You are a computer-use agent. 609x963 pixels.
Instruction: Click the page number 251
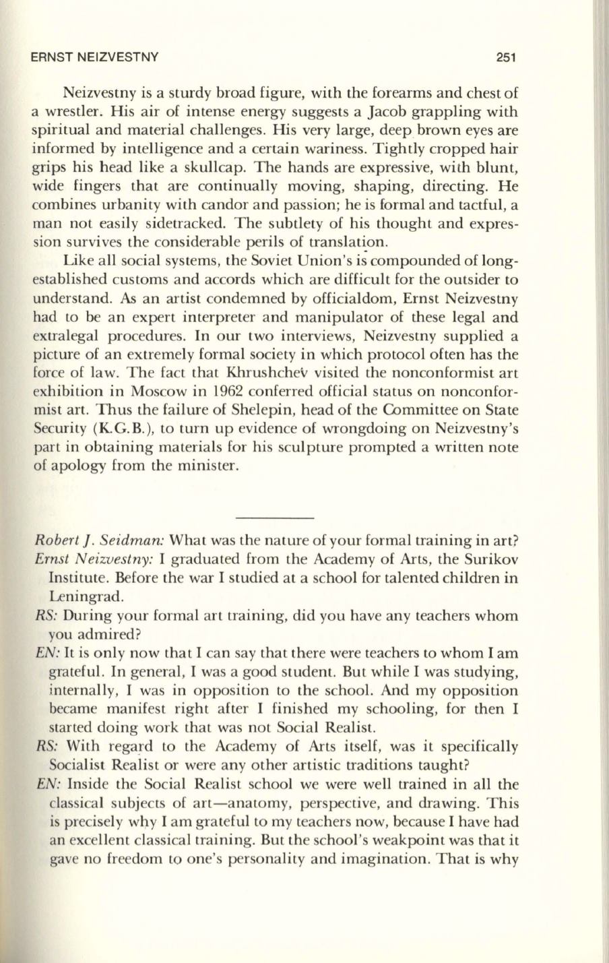505,57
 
